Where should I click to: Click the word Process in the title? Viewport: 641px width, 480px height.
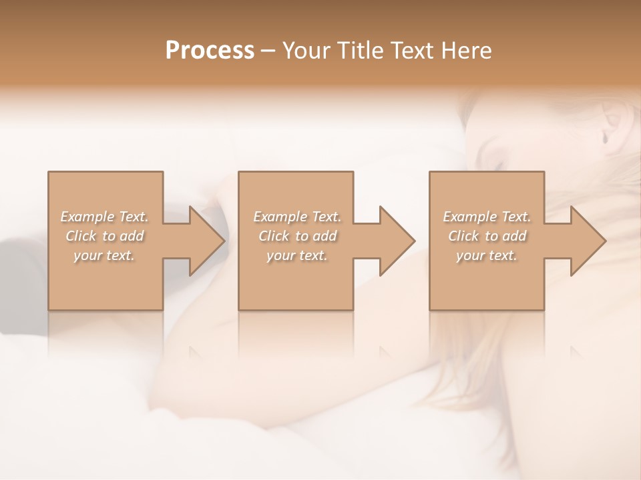[x=210, y=51]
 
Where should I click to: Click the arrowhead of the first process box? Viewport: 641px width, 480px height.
[x=206, y=241]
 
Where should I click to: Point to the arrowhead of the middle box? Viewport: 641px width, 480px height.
[x=396, y=241]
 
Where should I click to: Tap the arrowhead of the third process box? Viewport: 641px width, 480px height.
[x=587, y=241]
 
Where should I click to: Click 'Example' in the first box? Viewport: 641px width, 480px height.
[x=87, y=217]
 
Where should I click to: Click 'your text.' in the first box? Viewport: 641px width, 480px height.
[x=104, y=255]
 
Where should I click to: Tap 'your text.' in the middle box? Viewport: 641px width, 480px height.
[x=297, y=255]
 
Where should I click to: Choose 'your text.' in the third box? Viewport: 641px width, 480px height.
[x=487, y=255]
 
